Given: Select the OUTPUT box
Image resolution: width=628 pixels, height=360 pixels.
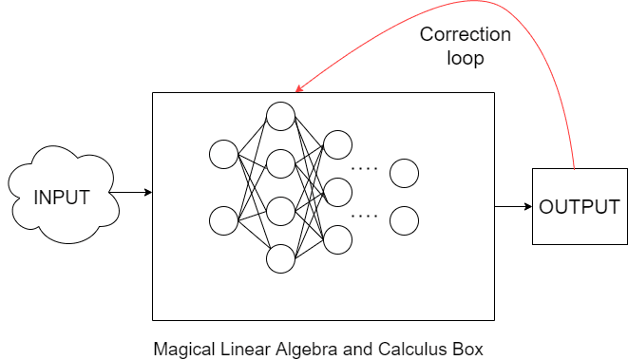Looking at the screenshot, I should [x=579, y=207].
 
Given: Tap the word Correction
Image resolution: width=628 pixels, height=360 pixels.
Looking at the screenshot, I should [x=466, y=35].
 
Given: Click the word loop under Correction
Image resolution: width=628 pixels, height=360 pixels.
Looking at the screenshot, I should [x=466, y=58].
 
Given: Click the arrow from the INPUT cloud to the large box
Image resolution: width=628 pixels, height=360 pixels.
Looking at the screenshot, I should [x=132, y=193].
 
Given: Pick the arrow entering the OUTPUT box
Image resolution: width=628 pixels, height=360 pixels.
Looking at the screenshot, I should [x=513, y=206].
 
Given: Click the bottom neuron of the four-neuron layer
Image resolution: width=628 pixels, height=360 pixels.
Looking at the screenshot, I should [x=280, y=258].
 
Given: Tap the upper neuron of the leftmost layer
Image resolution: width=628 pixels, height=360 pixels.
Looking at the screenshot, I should [x=224, y=154].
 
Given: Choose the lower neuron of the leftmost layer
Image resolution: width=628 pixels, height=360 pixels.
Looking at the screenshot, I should [x=224, y=220].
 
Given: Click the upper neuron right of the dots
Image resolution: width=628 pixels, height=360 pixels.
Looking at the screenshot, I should [x=404, y=173].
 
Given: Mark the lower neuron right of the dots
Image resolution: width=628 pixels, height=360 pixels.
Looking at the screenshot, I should [x=404, y=220].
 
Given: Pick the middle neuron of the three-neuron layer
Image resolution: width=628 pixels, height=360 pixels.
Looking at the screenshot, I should [x=338, y=192].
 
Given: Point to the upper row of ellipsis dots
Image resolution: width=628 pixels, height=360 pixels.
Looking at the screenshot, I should [x=365, y=168].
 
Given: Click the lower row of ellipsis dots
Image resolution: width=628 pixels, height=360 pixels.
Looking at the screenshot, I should [x=365, y=216].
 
